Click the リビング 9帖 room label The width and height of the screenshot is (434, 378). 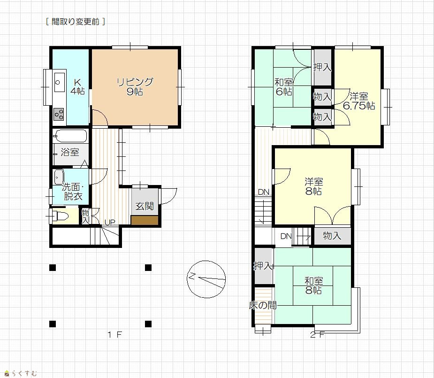click(x=135, y=87)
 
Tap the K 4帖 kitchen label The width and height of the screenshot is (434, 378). click(x=77, y=87)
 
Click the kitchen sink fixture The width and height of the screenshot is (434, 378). click(x=59, y=82)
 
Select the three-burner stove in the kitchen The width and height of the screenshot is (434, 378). click(x=59, y=114)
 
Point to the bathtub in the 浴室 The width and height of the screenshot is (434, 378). click(x=70, y=136)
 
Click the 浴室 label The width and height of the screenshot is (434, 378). click(x=70, y=152)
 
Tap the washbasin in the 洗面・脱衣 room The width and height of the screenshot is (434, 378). click(x=59, y=177)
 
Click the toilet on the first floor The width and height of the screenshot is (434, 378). click(x=59, y=216)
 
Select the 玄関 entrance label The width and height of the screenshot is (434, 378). click(x=144, y=206)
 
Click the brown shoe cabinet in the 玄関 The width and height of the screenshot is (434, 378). click(x=145, y=220)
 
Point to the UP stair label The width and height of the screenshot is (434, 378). click(x=110, y=222)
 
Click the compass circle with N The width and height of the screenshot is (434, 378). click(x=206, y=279)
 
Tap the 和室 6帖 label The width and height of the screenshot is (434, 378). click(x=284, y=87)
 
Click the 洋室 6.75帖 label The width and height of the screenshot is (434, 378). click(x=359, y=101)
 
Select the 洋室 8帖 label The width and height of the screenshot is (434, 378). click(x=313, y=186)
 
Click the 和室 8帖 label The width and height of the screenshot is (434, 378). click(x=313, y=285)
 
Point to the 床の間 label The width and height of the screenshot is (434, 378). click(x=263, y=305)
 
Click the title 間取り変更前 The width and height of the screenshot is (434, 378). click(x=75, y=22)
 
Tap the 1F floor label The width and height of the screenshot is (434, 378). click(x=114, y=335)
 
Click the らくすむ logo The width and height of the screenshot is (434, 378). click(x=21, y=373)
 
